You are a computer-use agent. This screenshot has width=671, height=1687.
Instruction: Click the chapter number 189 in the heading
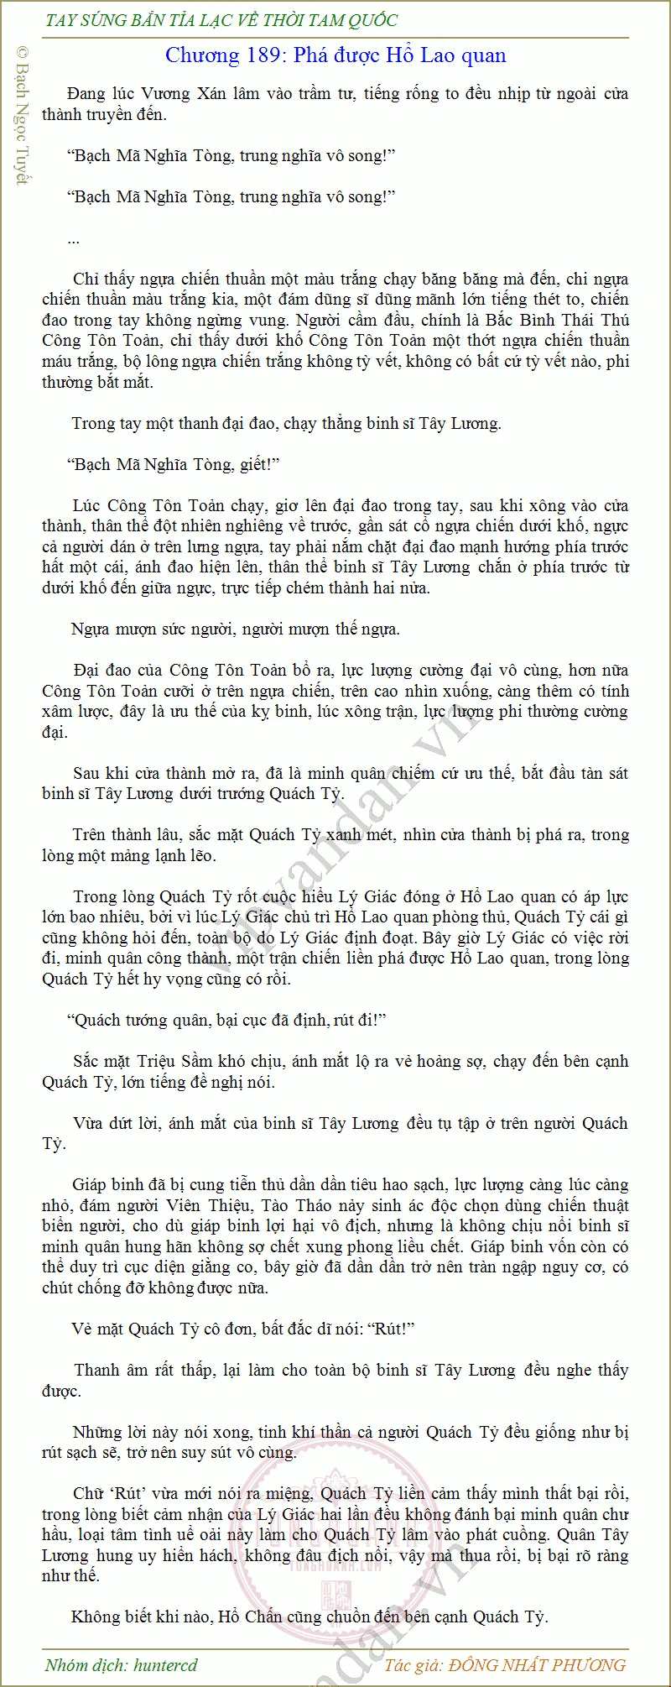point(263,56)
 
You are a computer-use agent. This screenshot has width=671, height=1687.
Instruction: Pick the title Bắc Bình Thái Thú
point(559,320)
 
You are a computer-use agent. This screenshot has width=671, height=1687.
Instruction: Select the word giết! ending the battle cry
point(258,464)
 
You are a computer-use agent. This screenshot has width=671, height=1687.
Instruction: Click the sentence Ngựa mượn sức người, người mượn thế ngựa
point(236,629)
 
